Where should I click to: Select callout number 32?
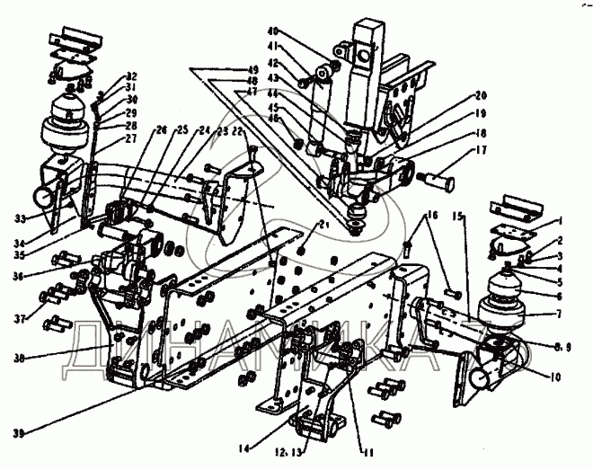pyautogui.click(x=130, y=75)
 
